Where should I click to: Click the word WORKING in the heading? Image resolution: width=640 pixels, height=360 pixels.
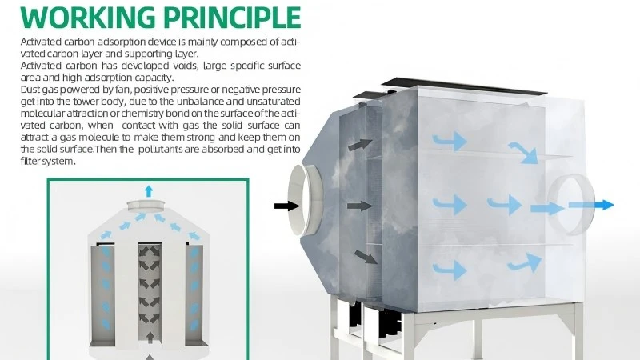[88, 18]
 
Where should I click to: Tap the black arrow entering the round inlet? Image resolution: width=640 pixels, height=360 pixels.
[287, 206]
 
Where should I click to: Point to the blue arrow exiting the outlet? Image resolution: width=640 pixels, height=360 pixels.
[591, 205]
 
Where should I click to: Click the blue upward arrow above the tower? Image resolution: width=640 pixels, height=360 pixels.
[149, 191]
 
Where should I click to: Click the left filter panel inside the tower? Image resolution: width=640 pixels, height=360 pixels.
[103, 294]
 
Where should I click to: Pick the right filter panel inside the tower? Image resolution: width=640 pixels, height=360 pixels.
[194, 294]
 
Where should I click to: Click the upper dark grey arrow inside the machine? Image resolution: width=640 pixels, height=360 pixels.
[360, 145]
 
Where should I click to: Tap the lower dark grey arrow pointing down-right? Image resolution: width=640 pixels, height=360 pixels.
[366, 257]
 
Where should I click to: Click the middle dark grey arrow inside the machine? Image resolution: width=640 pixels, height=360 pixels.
[359, 206]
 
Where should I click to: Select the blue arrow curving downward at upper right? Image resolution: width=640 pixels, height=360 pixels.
[523, 153]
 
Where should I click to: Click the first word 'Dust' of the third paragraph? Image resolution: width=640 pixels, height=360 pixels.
[30, 90]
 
